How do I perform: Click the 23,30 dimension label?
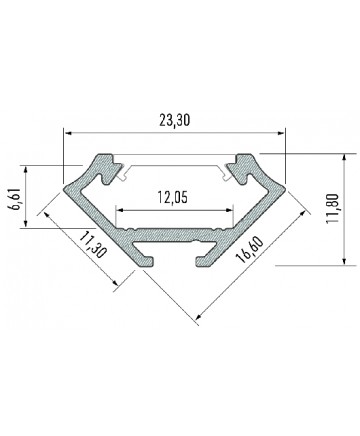coord(175,120)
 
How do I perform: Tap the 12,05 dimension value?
coord(172,198)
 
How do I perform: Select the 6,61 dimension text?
coord(16,199)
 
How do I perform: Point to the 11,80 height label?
coord(333,208)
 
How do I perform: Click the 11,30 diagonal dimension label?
coord(93,246)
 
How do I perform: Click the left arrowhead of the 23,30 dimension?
coord(68,133)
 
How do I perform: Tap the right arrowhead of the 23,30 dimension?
coord(280,133)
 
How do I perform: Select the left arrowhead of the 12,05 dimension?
coord(120,210)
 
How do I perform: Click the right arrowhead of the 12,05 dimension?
coord(229,210)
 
